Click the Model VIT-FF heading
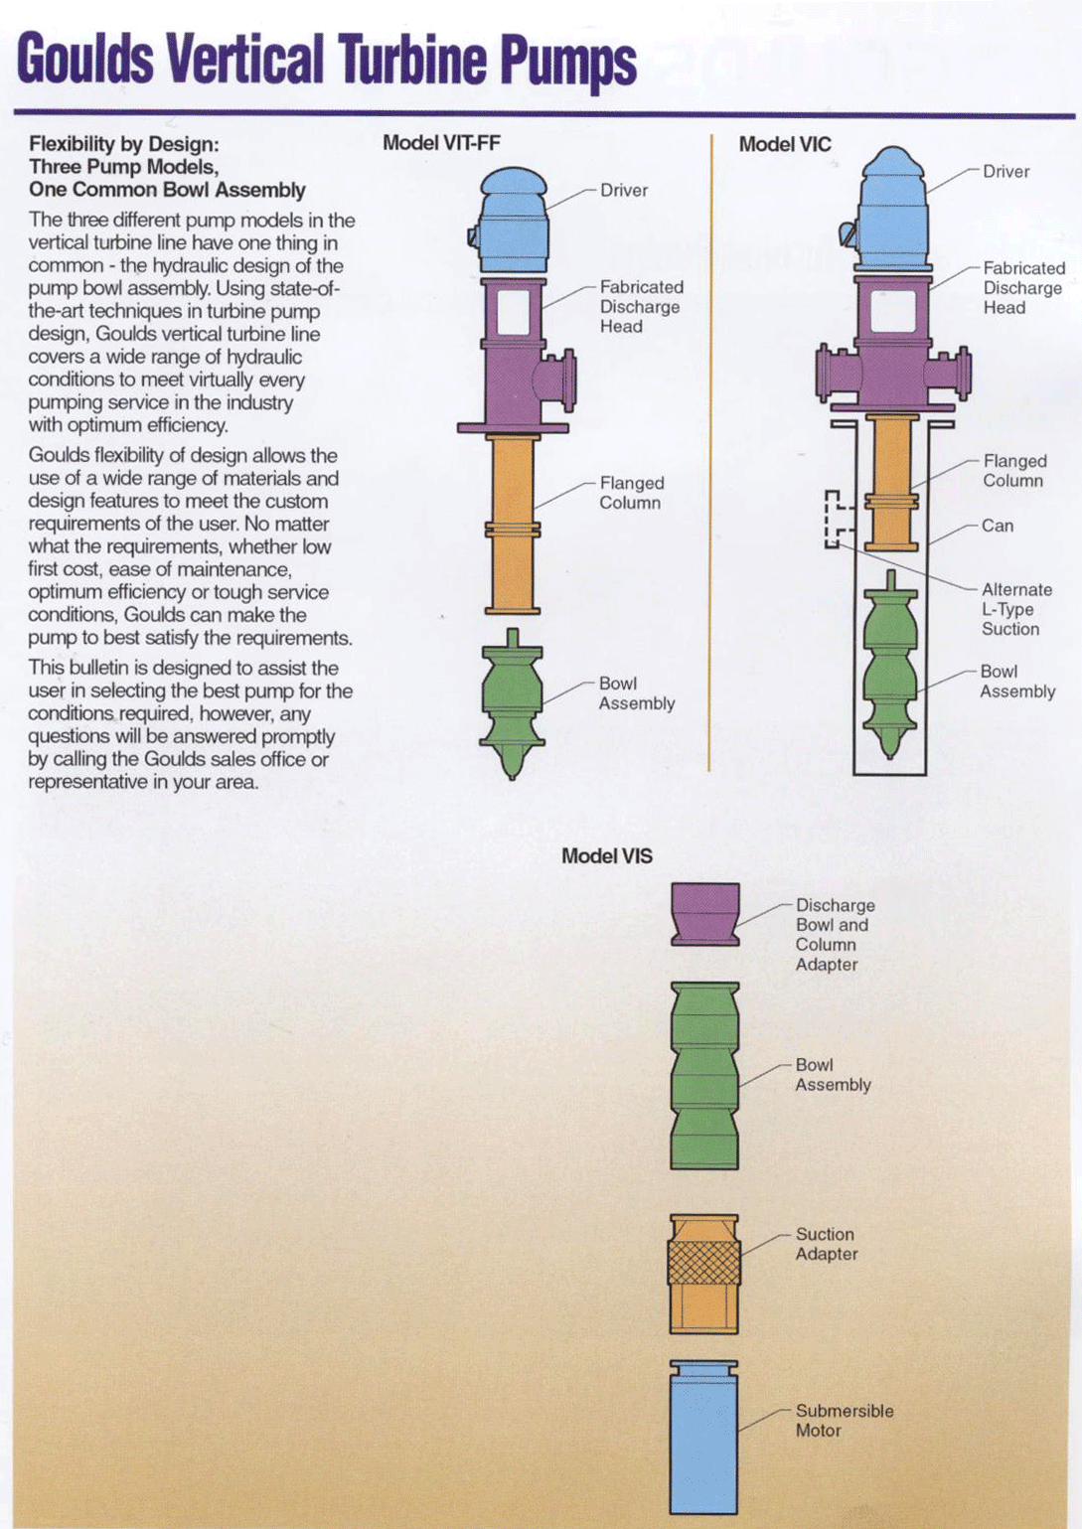(x=441, y=143)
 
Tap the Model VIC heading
(x=784, y=144)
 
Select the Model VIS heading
(x=606, y=856)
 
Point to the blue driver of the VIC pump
(x=893, y=214)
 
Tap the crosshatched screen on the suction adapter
(x=703, y=1264)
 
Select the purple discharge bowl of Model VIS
(x=704, y=912)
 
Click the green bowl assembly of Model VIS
(x=704, y=1075)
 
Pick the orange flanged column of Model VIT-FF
(x=513, y=525)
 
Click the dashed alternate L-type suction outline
(x=836, y=519)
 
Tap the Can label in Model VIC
(x=997, y=526)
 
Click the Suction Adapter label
(x=826, y=1244)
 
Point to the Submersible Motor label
(x=844, y=1421)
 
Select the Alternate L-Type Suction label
(x=1015, y=609)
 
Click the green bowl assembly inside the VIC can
(x=890, y=666)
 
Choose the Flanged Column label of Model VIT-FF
(x=631, y=493)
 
